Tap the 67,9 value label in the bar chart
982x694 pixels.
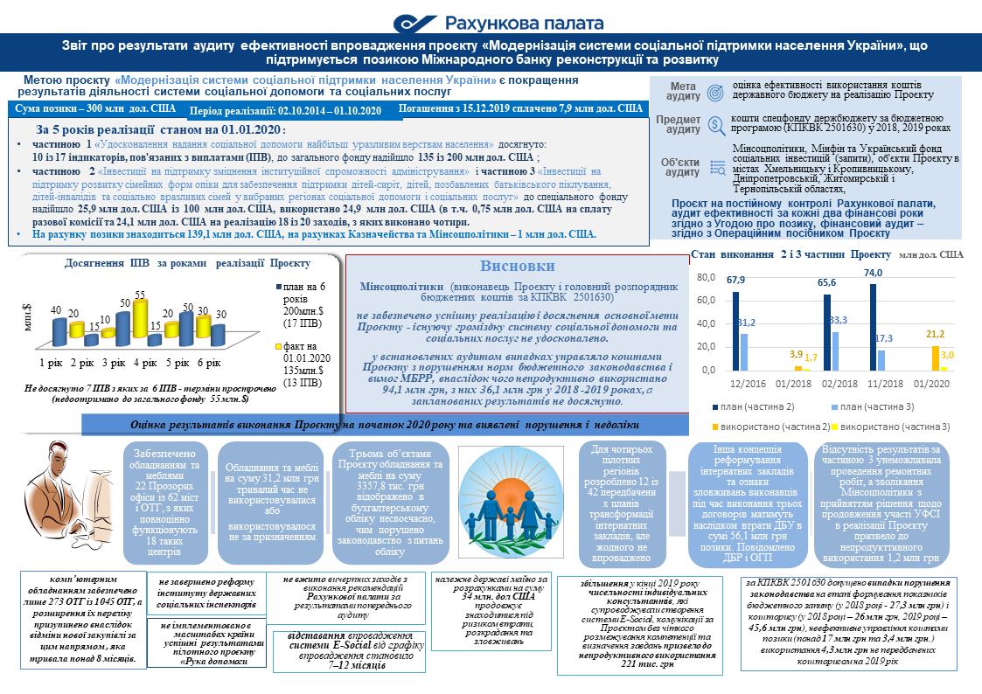point(735,280)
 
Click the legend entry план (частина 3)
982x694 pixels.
point(880,407)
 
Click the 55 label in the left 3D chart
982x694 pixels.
point(140,296)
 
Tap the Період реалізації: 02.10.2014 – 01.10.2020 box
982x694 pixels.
point(286,111)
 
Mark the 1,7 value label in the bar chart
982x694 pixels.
point(811,357)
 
